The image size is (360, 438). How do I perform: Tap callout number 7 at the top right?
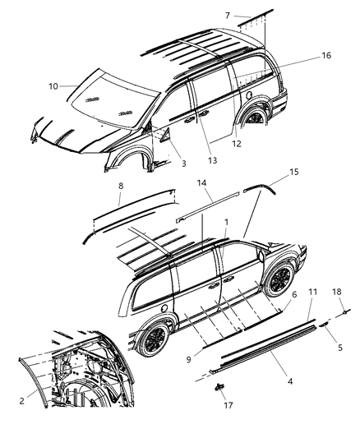pyautogui.click(x=228, y=16)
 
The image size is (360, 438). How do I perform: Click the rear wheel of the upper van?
pyautogui.click(x=254, y=117)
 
